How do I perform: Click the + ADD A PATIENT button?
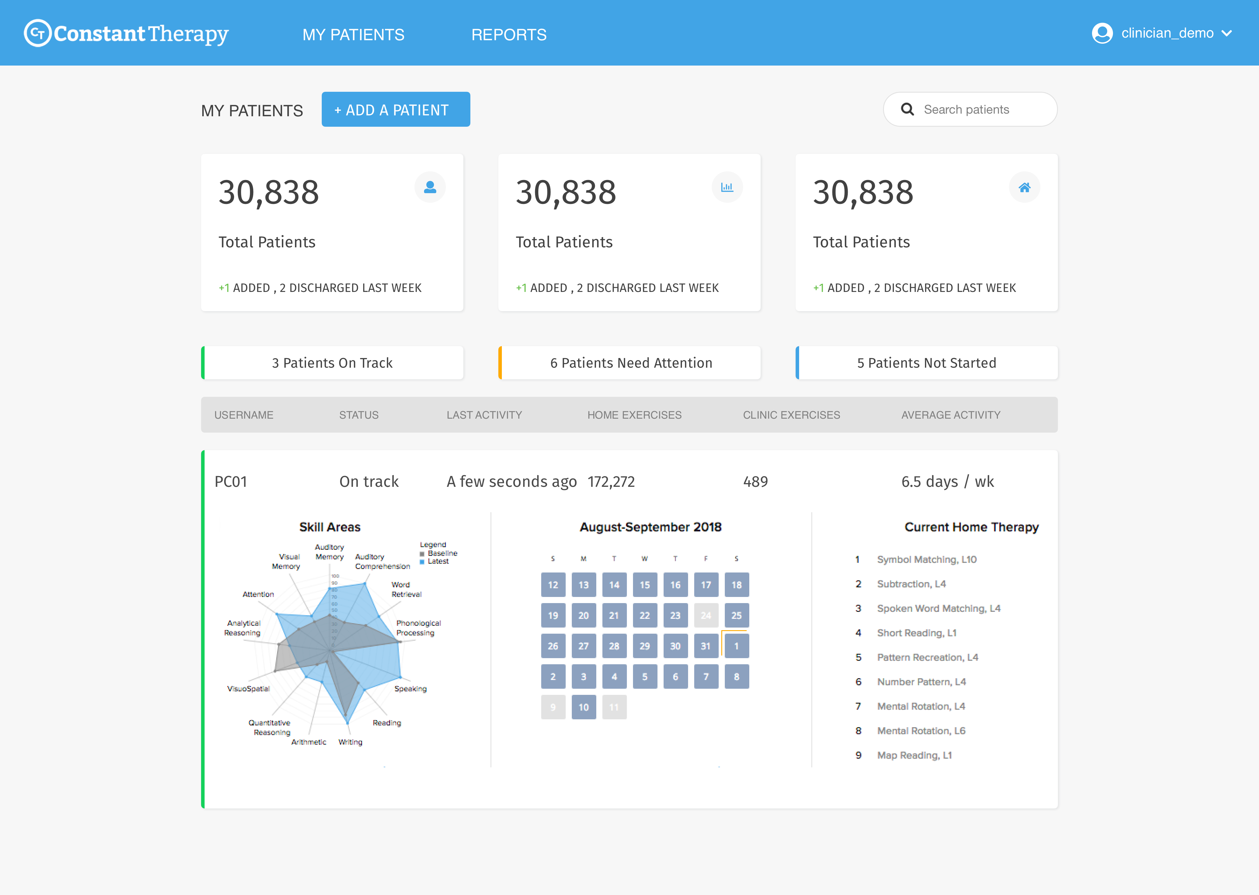click(x=396, y=110)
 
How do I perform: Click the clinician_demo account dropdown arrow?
click(x=1227, y=34)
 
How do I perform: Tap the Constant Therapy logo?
click(x=126, y=34)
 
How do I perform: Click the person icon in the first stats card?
click(x=430, y=187)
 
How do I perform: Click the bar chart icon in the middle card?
click(x=727, y=187)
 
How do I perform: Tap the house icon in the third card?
click(x=1024, y=187)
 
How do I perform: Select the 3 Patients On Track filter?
click(x=333, y=363)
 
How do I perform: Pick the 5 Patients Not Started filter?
click(x=926, y=363)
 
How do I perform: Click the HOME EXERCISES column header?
click(x=634, y=415)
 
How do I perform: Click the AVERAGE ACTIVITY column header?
click(x=950, y=415)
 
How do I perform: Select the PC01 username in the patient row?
click(x=231, y=482)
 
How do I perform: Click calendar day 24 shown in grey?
click(x=706, y=616)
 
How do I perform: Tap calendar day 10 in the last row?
click(x=583, y=707)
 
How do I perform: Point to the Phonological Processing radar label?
click(x=418, y=628)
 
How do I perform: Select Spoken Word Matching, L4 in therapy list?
click(x=938, y=608)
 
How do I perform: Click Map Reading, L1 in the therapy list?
click(x=914, y=755)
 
